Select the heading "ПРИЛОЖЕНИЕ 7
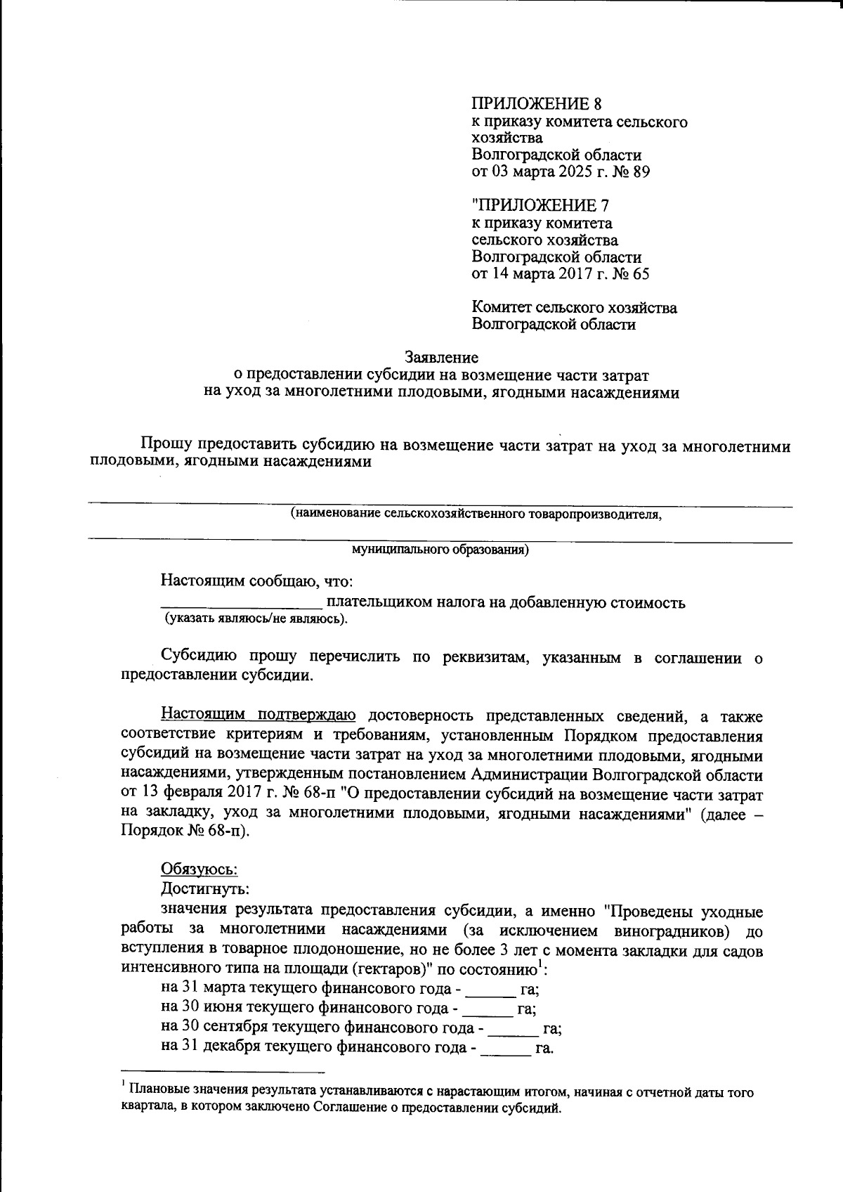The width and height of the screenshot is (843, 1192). tap(540, 206)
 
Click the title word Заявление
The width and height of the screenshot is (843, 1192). tap(442, 358)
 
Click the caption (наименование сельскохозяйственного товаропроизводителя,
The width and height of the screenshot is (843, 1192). tap(476, 514)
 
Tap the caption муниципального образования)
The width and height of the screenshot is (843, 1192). tap(440, 550)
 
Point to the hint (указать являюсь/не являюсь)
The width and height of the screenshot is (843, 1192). tap(256, 619)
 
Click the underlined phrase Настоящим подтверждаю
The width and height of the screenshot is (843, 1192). tap(259, 716)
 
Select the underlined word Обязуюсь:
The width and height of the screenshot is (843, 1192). tap(200, 869)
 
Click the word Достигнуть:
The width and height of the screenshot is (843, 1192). tap(205, 888)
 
